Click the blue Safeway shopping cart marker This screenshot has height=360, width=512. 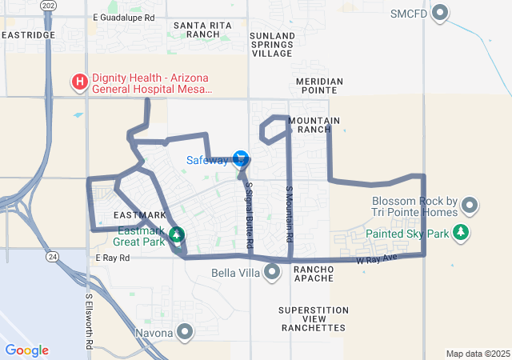tap(240, 158)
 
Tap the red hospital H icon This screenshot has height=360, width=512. tap(80, 82)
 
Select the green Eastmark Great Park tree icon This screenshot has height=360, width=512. tap(177, 234)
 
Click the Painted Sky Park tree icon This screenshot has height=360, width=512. tap(461, 233)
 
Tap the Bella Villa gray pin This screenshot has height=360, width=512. tap(273, 272)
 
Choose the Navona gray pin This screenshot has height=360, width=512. tap(186, 332)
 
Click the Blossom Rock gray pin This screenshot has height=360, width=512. tap(470, 206)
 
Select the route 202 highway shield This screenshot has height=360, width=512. tap(50, 6)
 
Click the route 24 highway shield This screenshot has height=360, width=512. tap(51, 256)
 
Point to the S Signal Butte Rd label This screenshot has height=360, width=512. tap(249, 214)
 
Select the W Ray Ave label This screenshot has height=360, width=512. tap(376, 259)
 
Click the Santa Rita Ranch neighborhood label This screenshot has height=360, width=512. tap(196, 30)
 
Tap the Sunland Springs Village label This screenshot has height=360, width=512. tap(272, 45)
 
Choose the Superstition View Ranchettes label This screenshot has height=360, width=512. tap(314, 318)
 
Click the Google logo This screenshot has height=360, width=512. tap(27, 350)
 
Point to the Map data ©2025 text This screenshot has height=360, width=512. tap(476, 354)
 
